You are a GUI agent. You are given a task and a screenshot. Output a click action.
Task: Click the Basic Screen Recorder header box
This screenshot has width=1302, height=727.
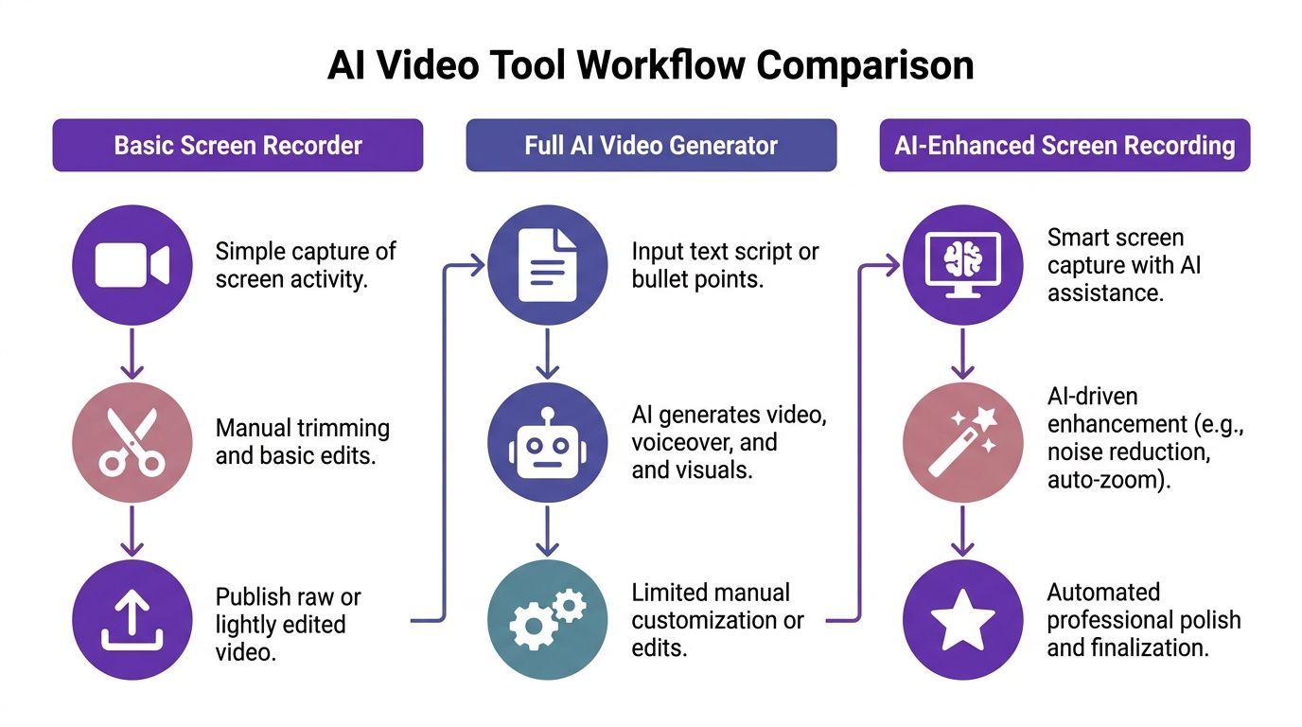click(x=238, y=145)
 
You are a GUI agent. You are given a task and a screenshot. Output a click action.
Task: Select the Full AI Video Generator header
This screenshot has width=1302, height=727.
click(x=651, y=145)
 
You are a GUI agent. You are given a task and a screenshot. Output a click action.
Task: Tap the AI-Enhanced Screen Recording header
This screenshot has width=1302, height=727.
click(x=1064, y=145)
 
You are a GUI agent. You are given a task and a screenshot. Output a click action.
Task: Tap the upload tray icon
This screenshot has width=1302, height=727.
click(x=132, y=620)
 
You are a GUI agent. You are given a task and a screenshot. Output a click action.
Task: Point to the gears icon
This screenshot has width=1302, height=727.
click(x=547, y=620)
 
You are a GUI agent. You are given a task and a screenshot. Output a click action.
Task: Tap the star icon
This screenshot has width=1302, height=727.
click(x=962, y=620)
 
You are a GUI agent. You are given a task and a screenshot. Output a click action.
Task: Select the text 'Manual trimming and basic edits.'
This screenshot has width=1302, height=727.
click(x=302, y=442)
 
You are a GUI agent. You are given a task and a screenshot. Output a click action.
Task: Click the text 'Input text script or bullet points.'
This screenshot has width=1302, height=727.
click(x=725, y=266)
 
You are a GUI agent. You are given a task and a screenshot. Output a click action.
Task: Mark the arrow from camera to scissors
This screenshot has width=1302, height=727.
click(x=132, y=354)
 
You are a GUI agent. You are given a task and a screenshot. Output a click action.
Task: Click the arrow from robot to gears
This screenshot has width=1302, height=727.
click(x=547, y=532)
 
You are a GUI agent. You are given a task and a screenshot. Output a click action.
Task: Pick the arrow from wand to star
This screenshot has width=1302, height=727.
click(x=962, y=532)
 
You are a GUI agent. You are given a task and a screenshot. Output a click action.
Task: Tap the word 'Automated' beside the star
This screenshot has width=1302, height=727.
click(x=1103, y=593)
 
